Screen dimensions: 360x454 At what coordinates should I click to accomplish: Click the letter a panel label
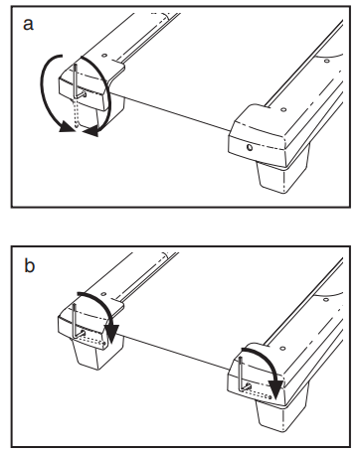(x=28, y=25)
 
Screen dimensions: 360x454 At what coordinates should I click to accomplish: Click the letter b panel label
(x=29, y=265)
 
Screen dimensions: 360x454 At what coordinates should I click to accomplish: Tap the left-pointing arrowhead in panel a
(x=90, y=132)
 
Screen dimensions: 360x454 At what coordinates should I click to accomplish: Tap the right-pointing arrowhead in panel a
(x=67, y=128)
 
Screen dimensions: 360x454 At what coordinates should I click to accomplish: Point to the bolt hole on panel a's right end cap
(x=250, y=147)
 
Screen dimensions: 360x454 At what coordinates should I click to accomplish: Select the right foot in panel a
(x=283, y=171)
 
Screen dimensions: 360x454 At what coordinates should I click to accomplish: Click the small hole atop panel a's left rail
(x=103, y=56)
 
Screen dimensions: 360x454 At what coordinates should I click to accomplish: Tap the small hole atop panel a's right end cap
(x=282, y=109)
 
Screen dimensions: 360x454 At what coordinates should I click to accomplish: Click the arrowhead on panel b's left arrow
(x=111, y=334)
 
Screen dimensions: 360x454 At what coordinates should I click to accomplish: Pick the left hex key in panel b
(x=76, y=323)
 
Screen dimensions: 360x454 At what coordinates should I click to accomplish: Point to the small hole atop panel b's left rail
(x=103, y=294)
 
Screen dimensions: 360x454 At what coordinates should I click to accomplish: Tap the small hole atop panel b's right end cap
(x=282, y=349)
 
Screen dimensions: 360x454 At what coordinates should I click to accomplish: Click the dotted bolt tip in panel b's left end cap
(x=104, y=343)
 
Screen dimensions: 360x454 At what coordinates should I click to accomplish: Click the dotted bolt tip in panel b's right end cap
(x=270, y=397)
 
